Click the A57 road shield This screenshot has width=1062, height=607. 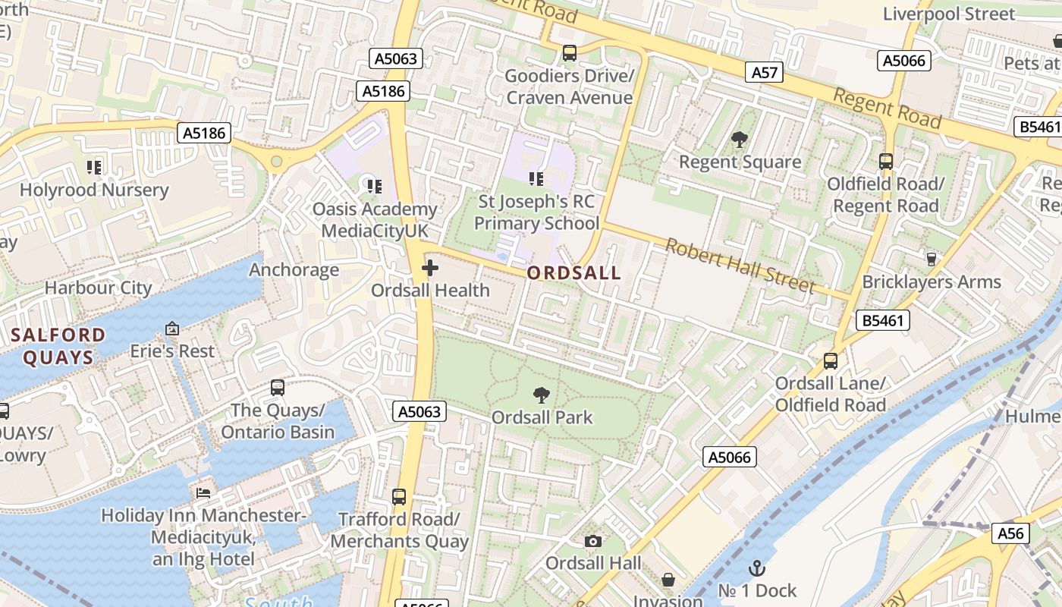pos(765,72)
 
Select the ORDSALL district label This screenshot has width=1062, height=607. pos(573,273)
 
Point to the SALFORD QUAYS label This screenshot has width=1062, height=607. pos(58,346)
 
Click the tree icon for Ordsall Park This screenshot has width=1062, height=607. pos(541,395)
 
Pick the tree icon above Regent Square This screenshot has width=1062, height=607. pos(739,140)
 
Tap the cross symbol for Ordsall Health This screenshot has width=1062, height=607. pos(430,268)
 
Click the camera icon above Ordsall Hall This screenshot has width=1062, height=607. pos(593,541)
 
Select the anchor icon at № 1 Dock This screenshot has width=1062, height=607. pos(757,568)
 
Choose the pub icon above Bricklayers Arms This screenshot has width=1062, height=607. pos(932,259)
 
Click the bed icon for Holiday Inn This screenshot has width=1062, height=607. pos(203,493)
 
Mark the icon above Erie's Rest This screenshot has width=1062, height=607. pos(172,329)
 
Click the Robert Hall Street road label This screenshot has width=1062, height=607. pos(740,266)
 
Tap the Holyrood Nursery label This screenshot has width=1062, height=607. pos(94,190)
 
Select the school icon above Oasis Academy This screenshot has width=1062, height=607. pos(373,186)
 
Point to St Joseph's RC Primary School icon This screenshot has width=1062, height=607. pos(536,179)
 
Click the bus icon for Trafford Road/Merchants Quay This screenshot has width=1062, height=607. pos(399,497)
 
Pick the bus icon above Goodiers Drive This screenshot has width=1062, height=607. pos(569,53)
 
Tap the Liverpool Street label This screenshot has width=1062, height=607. pos(948,14)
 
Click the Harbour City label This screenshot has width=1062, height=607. pos(99,288)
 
